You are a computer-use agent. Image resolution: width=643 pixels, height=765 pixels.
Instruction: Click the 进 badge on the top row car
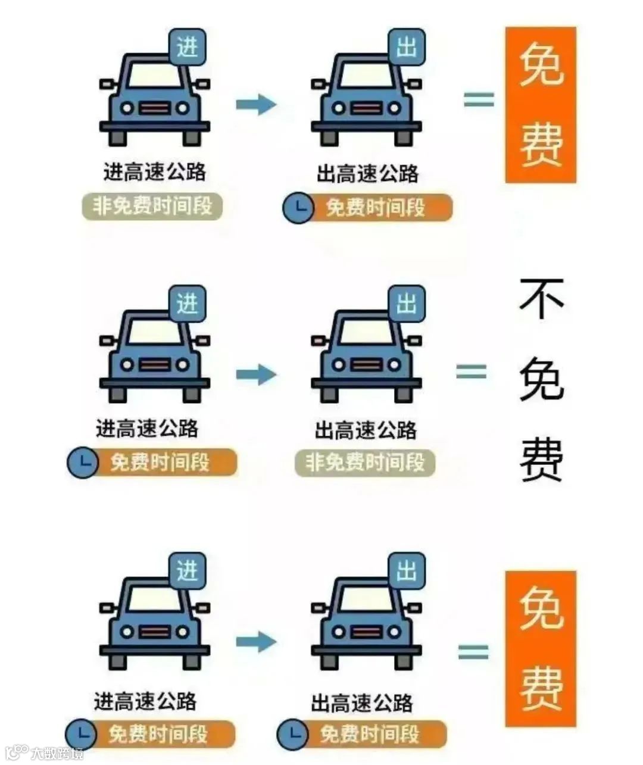coord(188,46)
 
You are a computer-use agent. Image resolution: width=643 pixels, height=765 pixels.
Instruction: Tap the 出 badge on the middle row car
coord(407,304)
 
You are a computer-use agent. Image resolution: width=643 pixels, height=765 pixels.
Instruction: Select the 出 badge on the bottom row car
coord(407,571)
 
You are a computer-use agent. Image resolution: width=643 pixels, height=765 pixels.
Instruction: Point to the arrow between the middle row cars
coord(256,374)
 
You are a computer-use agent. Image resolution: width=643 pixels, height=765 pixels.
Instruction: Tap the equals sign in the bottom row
coord(473,652)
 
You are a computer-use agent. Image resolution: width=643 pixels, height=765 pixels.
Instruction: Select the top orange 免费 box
coord(541,105)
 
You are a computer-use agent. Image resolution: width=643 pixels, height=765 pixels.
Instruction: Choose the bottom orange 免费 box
coord(541,648)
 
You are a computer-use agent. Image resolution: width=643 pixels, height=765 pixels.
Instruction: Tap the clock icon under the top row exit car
coord(298,208)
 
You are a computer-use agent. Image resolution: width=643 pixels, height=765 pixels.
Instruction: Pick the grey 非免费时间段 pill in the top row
coord(152,207)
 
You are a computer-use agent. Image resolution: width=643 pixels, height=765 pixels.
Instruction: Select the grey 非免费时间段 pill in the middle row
coord(365,463)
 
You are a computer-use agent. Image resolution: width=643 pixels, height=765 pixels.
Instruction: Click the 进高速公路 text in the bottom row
coord(145,701)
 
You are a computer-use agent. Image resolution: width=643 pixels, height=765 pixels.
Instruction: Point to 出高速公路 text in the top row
coord(367,174)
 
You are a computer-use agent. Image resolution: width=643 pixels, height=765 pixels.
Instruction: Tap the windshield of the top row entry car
coord(155,74)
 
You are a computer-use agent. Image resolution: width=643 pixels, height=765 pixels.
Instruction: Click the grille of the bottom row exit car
coord(366,632)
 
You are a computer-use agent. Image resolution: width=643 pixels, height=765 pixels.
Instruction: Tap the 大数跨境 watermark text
coord(57,752)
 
